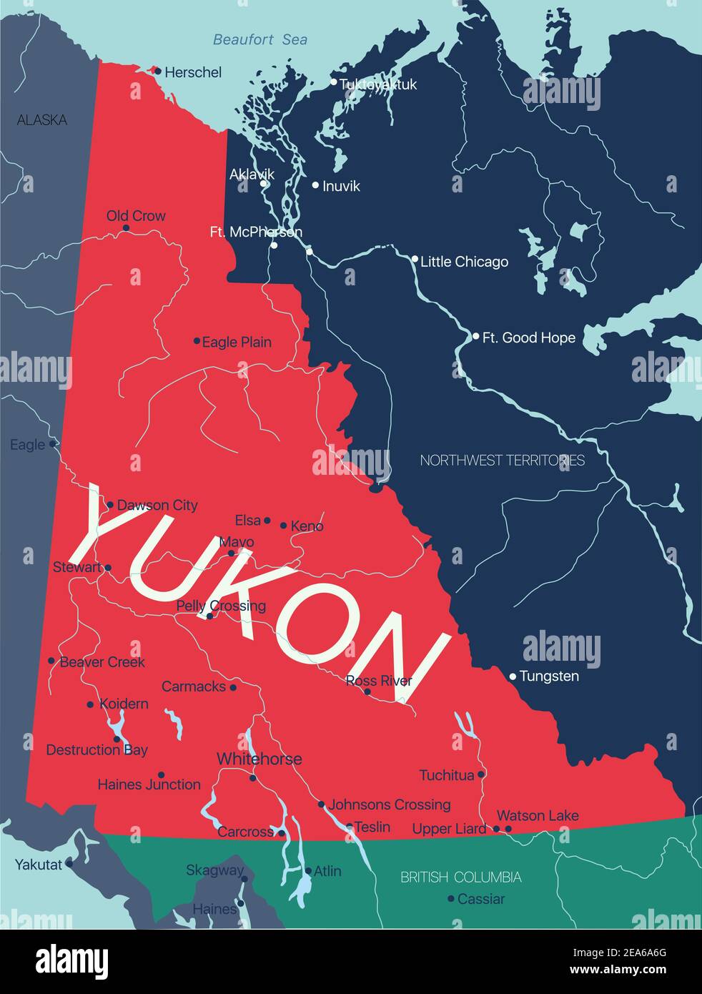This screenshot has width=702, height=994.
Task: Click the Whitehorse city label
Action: coord(259,759)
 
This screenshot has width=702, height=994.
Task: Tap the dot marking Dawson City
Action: coord(110,505)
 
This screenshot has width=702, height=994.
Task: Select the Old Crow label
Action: coord(136,216)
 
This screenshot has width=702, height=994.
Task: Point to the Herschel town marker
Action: coord(158,71)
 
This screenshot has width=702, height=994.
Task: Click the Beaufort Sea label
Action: coord(260,40)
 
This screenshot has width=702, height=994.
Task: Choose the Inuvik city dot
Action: coord(315,185)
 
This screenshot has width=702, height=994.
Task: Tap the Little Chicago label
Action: coord(464,262)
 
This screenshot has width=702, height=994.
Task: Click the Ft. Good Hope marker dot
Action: coord(476,336)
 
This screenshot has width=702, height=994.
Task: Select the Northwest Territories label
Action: coord(502,461)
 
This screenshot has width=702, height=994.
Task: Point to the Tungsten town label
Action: coord(549,676)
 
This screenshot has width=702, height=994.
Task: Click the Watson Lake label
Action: coord(538,815)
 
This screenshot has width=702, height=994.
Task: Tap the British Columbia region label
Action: coord(460,877)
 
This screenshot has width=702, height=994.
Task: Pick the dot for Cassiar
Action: coord(451,899)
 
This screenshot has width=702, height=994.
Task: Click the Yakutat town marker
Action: coord(69,864)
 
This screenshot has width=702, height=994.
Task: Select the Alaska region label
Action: coord(42,120)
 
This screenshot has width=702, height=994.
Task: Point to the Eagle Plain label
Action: coord(237,343)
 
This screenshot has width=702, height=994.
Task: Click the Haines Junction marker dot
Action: coord(161,774)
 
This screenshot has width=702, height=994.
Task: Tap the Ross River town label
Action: coord(378,681)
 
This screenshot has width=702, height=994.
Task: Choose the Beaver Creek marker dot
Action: coord(51,661)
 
